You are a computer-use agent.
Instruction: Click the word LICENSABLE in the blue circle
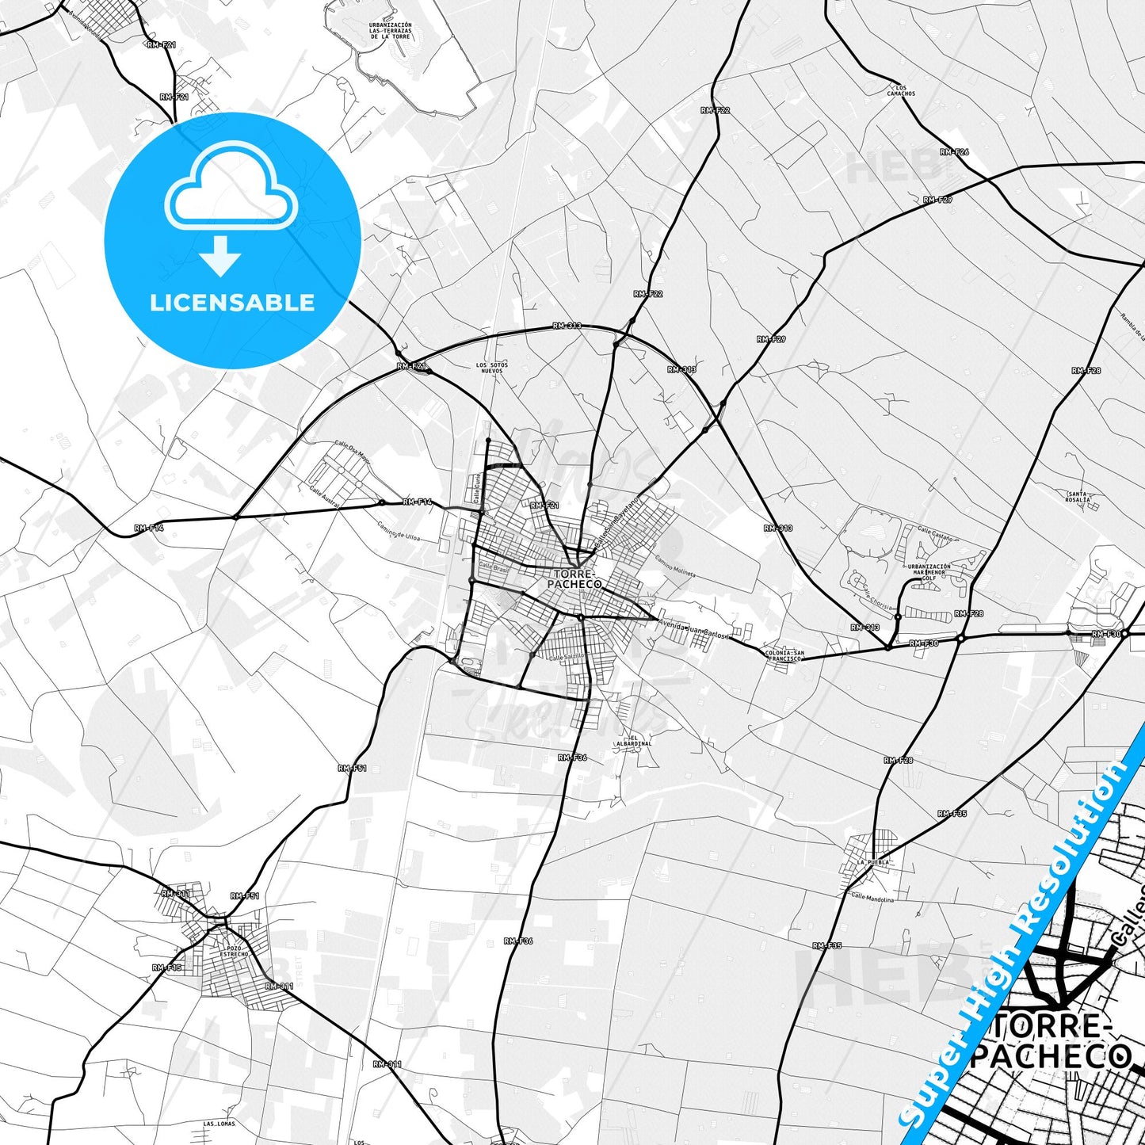pyautogui.click(x=232, y=303)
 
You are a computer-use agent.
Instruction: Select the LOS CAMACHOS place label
pyautogui.click(x=901, y=90)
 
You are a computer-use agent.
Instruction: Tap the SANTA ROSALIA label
pyautogui.click(x=1078, y=497)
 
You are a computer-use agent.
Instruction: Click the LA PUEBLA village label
pyautogui.click(x=872, y=862)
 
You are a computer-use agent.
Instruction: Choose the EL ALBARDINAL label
pyautogui.click(x=634, y=740)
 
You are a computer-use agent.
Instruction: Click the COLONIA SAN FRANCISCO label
pyautogui.click(x=784, y=655)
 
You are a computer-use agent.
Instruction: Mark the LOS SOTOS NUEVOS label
pyautogui.click(x=491, y=368)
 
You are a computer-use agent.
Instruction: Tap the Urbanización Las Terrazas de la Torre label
pyautogui.click(x=391, y=31)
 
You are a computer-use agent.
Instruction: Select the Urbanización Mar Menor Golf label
pyautogui.click(x=929, y=572)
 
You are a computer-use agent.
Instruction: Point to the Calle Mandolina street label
pyautogui.click(x=872, y=899)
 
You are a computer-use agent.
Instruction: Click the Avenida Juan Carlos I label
pyautogui.click(x=693, y=630)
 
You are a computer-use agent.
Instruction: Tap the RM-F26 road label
pyautogui.click(x=954, y=151)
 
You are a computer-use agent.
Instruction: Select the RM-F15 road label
pyautogui.click(x=167, y=968)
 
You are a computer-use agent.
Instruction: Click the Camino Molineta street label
pyautogui.click(x=674, y=566)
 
